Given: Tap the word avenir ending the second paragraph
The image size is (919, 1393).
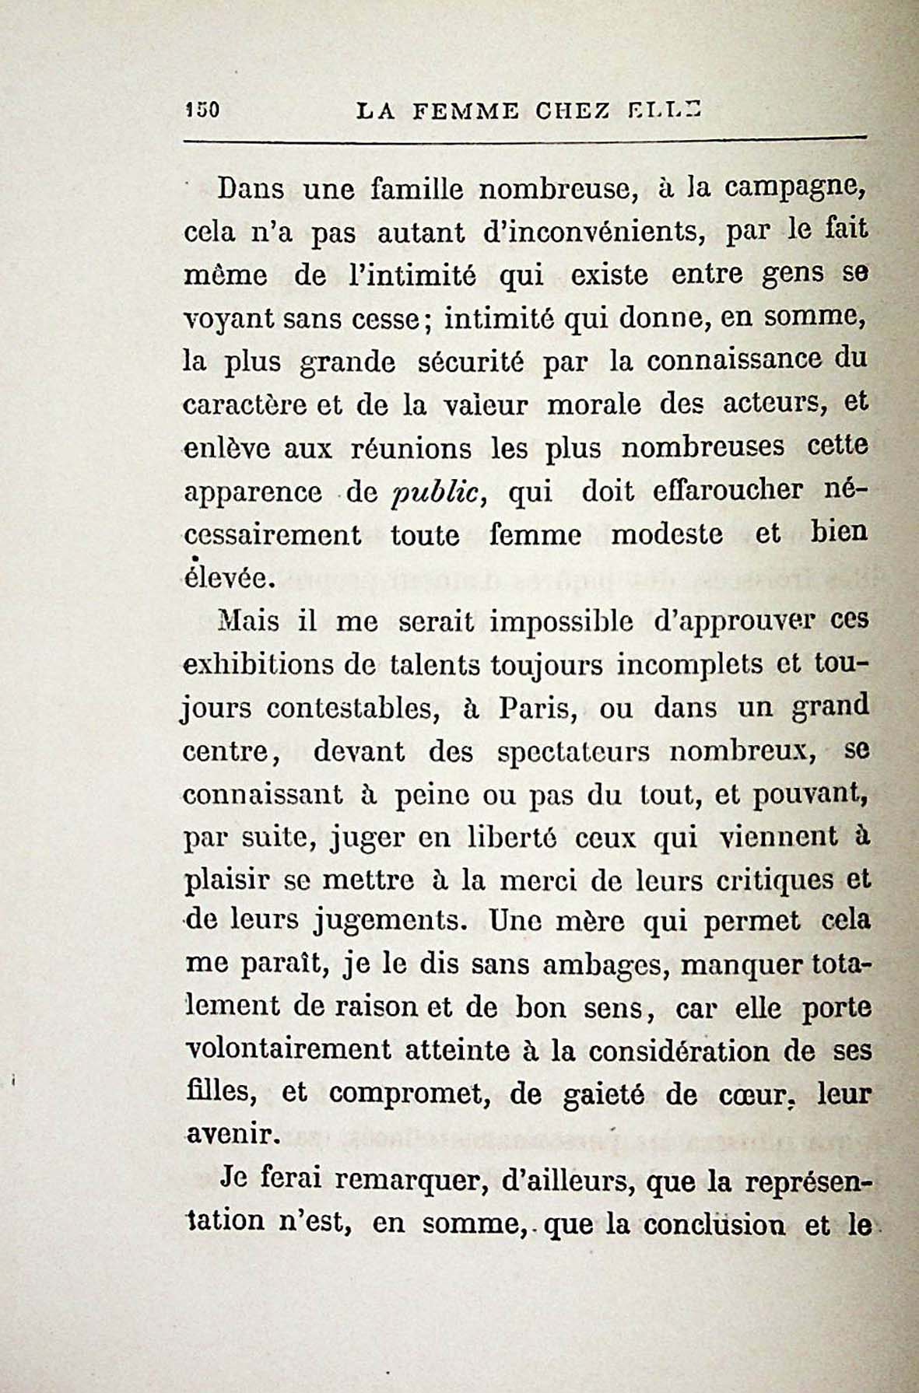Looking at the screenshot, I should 231,1136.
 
